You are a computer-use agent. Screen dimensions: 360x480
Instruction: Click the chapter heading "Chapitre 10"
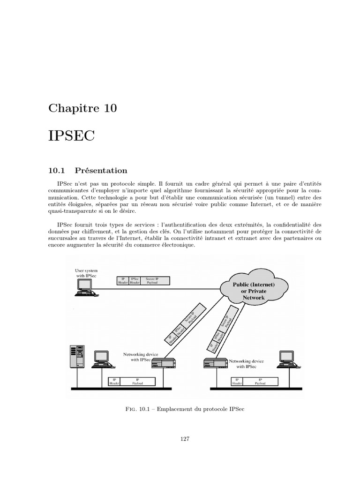82,108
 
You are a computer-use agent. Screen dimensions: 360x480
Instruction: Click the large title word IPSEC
71,136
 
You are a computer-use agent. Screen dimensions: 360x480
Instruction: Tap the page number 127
184,439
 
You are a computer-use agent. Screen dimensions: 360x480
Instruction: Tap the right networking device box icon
215,363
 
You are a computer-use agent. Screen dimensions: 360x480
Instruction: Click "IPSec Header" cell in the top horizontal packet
135,281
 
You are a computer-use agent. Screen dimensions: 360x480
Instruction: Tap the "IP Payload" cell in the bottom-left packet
137,382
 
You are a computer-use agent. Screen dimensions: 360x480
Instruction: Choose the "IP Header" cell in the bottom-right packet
238,382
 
